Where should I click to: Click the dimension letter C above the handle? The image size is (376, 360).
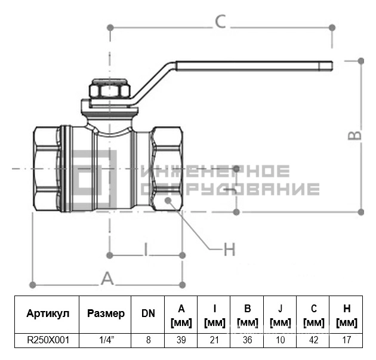pyautogui.click(x=220, y=21)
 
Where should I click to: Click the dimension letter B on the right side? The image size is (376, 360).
pyautogui.click(x=355, y=136)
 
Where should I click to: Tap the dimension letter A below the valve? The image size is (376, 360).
pyautogui.click(x=107, y=278)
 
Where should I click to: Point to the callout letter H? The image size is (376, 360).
pyautogui.click(x=230, y=249)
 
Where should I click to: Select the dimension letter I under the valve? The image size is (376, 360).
pyautogui.click(x=146, y=249)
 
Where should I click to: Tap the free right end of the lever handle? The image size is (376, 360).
pyautogui.click(x=332, y=66)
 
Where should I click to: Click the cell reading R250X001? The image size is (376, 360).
pyautogui.click(x=48, y=340)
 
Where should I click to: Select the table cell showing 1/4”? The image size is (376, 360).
pyautogui.click(x=107, y=340)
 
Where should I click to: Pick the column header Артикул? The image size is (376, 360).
pyautogui.click(x=48, y=313)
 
